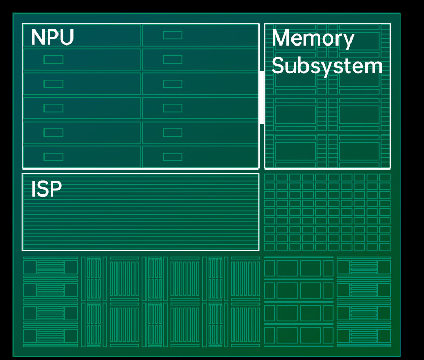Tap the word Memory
pyautogui.click(x=313, y=39)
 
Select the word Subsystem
pyautogui.click(x=327, y=66)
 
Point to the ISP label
pyautogui.click(x=46, y=189)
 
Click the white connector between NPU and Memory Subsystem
pyautogui.click(x=261, y=97)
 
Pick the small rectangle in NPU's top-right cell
pyautogui.click(x=172, y=35)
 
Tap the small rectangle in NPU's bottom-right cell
pyautogui.click(x=172, y=157)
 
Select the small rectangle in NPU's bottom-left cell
pyautogui.click(x=53, y=157)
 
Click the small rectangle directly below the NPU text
pyautogui.click(x=53, y=59)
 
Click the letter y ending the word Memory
pyautogui.click(x=348, y=41)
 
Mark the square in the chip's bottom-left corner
pyautogui.click(x=30, y=337)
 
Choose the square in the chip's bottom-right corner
pyautogui.click(x=384, y=337)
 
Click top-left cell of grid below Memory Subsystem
pyautogui.click(x=269, y=177)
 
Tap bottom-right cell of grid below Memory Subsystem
pyautogui.click(x=385, y=246)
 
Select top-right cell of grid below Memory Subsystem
pyautogui.click(x=385, y=177)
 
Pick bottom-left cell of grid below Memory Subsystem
pyautogui.click(x=269, y=246)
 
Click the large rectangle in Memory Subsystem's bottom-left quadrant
pyautogui.click(x=295, y=151)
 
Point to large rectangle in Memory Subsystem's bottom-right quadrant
pyautogui.click(x=359, y=151)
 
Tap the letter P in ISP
pyautogui.click(x=55, y=189)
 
